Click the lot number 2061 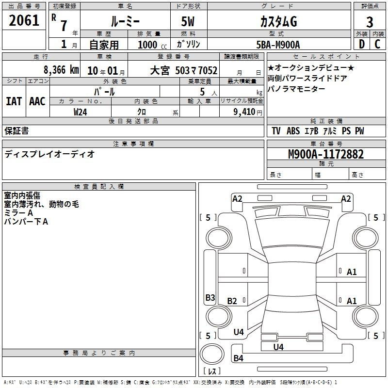click(24, 20)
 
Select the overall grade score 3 click(370, 22)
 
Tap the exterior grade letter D click(362, 44)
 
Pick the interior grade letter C click(377, 44)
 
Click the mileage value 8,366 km click(62, 70)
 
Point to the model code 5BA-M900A click(278, 45)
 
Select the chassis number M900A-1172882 click(326, 154)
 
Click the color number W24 click(80, 112)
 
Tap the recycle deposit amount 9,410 click(244, 112)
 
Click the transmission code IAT click(14, 101)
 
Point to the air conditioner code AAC click(37, 101)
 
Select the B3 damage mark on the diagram click(210, 297)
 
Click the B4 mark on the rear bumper click(238, 358)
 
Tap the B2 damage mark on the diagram click(232, 301)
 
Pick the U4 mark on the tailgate click(278, 347)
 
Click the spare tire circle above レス click(212, 354)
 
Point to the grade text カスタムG click(278, 22)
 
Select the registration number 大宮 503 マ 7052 click(184, 71)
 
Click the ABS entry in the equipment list click(293, 131)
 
